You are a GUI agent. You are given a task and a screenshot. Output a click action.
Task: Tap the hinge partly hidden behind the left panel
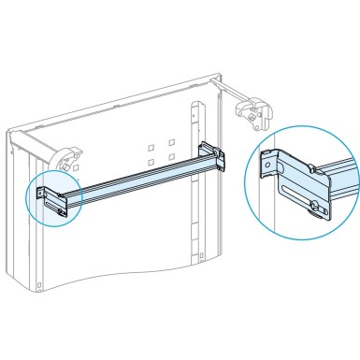(x=66, y=160)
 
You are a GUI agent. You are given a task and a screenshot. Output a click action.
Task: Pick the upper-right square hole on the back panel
(x=172, y=143)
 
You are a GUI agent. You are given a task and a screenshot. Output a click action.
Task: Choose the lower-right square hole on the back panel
(x=173, y=158)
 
